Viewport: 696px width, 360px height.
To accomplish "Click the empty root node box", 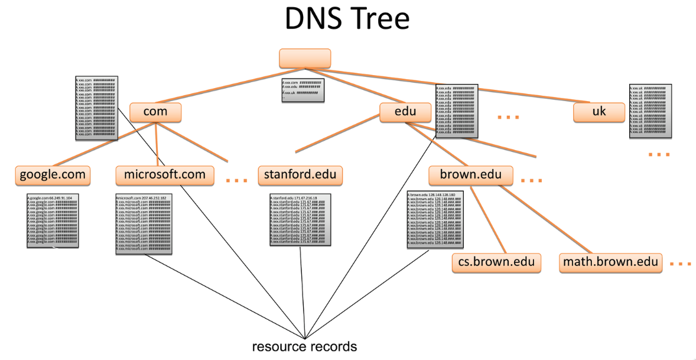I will (305, 59).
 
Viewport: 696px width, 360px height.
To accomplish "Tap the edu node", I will (405, 112).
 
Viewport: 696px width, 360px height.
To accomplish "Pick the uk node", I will (599, 112).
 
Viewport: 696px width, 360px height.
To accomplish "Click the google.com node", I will (53, 175).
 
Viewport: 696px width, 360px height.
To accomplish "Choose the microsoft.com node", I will (165, 175).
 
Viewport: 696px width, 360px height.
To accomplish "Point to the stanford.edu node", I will (300, 175).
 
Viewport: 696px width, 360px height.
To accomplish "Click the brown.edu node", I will (471, 175).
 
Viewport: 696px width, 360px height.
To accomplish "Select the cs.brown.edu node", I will (496, 262).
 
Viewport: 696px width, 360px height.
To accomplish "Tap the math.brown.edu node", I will (611, 262).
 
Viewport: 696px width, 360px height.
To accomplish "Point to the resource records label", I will (305, 346).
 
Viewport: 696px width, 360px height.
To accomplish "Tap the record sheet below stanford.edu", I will (300, 219).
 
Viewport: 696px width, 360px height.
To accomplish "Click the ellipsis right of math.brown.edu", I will (681, 264).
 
